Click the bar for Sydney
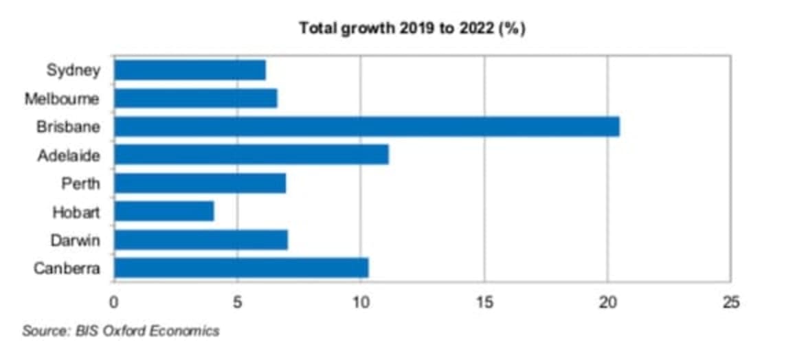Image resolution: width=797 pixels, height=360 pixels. tap(190, 70)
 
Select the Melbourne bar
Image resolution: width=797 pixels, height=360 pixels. tap(195, 98)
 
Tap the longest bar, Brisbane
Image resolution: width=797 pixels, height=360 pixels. tap(366, 127)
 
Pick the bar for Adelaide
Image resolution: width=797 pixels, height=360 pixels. tap(251, 155)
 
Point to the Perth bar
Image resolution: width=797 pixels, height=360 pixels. tap(199, 183)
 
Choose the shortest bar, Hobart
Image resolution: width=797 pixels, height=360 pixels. tap(164, 211)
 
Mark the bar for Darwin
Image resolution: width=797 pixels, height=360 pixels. tap(201, 240)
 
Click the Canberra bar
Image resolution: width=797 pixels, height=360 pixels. tap(240, 267)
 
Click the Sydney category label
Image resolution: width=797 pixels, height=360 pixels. tap(74, 70)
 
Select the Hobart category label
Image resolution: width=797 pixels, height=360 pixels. tap(76, 212)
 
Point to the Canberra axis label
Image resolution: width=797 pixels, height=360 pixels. tap(67, 268)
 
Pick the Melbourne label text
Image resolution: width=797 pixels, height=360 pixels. tap(62, 99)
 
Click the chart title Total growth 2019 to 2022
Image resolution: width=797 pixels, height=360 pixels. tap(412, 29)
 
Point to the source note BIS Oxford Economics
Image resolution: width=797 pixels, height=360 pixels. tap(121, 331)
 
